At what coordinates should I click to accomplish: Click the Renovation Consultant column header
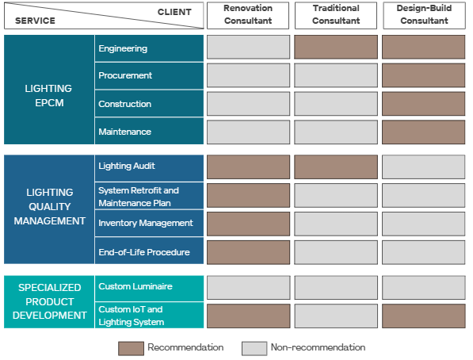[248, 15]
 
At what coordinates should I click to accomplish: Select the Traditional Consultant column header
[336, 15]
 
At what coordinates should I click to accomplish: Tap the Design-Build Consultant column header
[424, 15]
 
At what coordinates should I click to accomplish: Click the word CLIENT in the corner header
[174, 12]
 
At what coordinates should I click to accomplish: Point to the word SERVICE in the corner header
[36, 21]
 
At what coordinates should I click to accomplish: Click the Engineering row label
[123, 48]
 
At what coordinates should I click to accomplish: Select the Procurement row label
[125, 75]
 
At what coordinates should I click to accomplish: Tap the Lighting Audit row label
[127, 166]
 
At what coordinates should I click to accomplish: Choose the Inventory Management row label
[146, 223]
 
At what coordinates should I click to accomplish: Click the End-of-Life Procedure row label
[144, 252]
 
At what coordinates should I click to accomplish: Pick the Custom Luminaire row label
[135, 286]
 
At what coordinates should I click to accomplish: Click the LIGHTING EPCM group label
[48, 95]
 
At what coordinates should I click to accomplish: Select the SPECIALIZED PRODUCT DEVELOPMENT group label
[49, 301]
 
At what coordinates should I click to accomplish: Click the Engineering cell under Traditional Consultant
[336, 47]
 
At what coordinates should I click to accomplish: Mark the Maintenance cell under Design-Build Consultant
[424, 132]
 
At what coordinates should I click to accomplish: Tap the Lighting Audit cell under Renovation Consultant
[248, 167]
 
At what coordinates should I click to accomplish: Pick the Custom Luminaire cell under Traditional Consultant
[336, 287]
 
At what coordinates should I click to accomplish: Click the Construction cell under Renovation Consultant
[248, 104]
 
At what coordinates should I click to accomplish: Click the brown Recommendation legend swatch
[131, 348]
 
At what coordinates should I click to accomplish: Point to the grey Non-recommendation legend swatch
[254, 348]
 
